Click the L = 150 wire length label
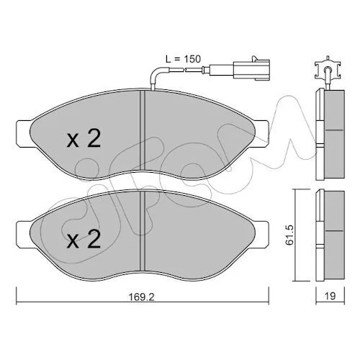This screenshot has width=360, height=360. [x=183, y=59]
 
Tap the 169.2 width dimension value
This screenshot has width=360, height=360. [x=142, y=297]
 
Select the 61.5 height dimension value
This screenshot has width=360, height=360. [x=289, y=235]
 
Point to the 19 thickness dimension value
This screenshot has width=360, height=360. [x=330, y=296]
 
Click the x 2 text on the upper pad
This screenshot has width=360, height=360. [x=84, y=138]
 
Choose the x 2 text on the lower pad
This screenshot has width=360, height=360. [x=84, y=238]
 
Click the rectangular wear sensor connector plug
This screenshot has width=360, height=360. [x=251, y=70]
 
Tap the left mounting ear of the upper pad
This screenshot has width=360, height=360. [x=24, y=133]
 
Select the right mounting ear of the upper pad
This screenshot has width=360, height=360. [x=261, y=133]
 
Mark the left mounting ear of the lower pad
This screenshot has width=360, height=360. [x=24, y=234]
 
